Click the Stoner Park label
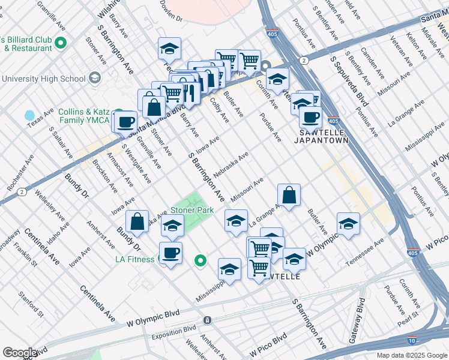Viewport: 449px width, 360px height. coord(192,211)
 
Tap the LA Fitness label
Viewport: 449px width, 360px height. coord(136,259)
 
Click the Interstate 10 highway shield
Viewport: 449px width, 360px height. coord(412,340)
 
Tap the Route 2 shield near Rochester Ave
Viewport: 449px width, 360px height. coord(22,192)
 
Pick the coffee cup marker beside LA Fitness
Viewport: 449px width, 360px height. coord(170,253)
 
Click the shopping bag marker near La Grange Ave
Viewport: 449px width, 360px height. coord(289,194)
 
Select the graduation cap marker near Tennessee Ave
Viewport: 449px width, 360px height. coord(348,224)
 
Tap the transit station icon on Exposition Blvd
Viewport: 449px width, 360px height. coord(207,320)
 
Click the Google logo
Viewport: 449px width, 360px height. coord(20,353)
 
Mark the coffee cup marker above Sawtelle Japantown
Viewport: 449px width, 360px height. coord(310,117)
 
